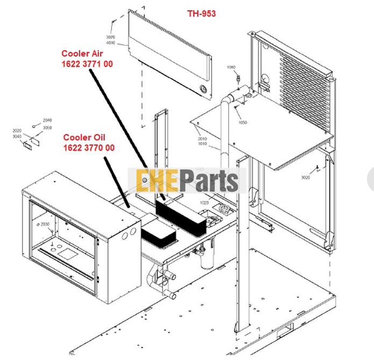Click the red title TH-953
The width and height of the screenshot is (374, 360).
201,13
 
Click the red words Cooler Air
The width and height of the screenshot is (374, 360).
82,53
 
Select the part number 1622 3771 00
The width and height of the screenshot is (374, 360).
87,64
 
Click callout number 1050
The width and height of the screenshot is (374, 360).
242,123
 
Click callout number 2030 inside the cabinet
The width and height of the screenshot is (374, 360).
45,224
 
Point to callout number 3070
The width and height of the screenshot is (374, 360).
110,37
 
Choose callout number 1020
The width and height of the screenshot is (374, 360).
204,203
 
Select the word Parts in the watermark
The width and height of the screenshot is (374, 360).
210,181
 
